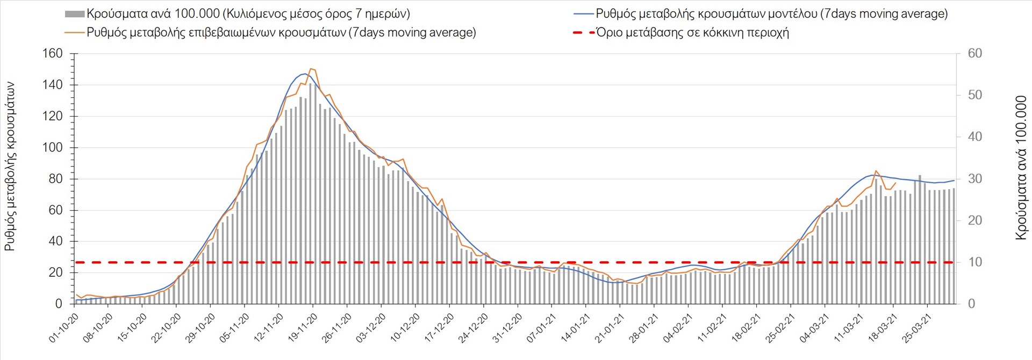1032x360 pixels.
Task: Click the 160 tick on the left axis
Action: click(52, 54)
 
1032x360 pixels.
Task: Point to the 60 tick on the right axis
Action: click(974, 54)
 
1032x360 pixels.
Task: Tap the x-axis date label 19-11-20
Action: click(303, 328)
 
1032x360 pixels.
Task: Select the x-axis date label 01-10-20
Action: click(64, 328)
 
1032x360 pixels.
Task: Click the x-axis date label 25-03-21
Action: click(917, 328)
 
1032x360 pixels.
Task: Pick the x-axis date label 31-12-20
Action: click(507, 328)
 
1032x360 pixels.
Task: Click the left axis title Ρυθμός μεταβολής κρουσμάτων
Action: click(10, 167)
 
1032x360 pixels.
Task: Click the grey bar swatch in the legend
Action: click(75, 14)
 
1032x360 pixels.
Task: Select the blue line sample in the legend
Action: click(583, 14)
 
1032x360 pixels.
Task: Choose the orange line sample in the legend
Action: click(75, 33)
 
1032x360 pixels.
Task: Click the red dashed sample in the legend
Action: click(583, 33)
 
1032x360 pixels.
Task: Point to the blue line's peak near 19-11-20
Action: click(305, 74)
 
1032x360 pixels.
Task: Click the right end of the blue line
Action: click(954, 181)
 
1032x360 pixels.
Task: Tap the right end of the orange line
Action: click(895, 183)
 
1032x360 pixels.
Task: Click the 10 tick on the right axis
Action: click(974, 262)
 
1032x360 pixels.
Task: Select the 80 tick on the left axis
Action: click(55, 179)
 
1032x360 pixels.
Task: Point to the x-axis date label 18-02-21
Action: click(747, 328)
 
